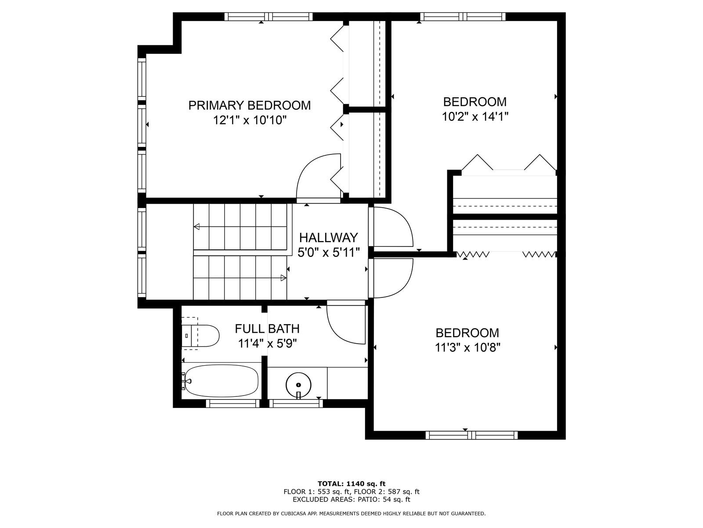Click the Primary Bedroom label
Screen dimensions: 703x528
pos(249,105)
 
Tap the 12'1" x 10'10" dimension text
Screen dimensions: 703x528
pos(250,120)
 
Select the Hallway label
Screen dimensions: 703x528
pos(328,238)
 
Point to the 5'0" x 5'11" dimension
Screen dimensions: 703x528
pos(329,253)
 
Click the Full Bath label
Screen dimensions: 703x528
pos(267,329)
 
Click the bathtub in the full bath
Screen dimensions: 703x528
pos(221,381)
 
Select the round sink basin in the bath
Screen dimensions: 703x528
pos(298,385)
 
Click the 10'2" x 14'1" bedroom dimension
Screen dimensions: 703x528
pos(475,117)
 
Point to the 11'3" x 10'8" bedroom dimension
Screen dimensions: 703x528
pos(467,347)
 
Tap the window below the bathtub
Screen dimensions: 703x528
pos(232,403)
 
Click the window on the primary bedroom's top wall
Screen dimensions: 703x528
pos(268,16)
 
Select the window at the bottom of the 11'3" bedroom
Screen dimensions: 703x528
pos(472,435)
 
